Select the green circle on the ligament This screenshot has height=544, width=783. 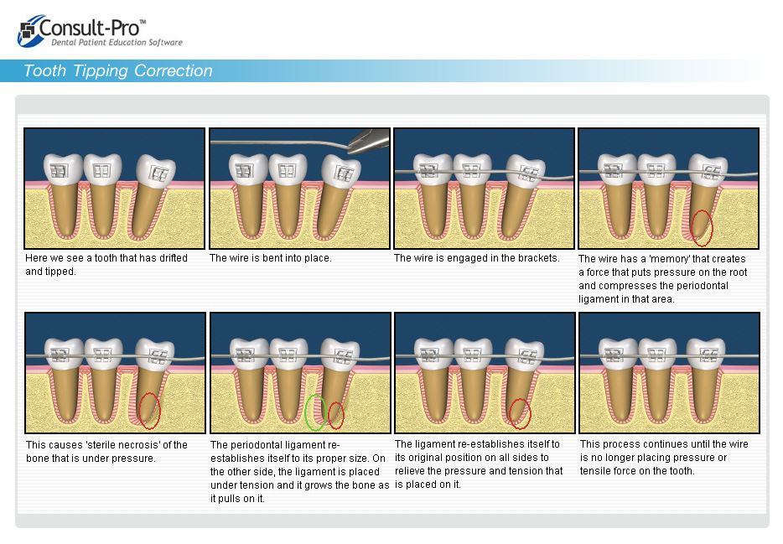[315, 412]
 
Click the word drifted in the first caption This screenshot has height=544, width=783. [174, 258]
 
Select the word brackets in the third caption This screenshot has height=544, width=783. [540, 258]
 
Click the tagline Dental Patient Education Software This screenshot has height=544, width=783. [117, 43]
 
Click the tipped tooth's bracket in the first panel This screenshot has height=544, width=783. [159, 174]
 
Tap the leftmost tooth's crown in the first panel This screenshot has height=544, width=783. [62, 168]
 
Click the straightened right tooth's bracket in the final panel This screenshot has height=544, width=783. [708, 355]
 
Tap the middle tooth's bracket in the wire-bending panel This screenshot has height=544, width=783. [287, 171]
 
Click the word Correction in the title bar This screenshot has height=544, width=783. [174, 71]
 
